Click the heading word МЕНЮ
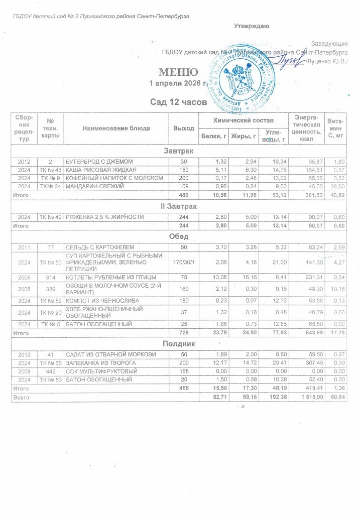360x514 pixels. pos(175,71)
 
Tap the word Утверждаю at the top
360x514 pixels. pos(252,26)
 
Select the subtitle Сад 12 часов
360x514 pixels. pos(179,102)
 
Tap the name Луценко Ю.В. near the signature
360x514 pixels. pos(329,62)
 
